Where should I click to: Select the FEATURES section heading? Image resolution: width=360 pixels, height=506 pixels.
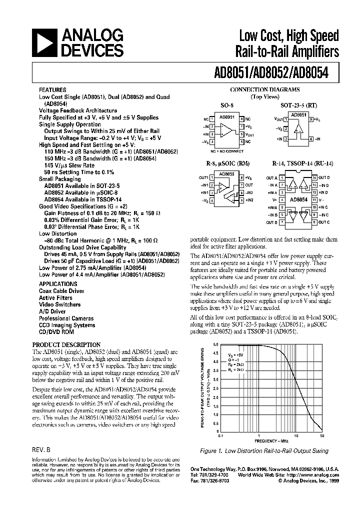tap(52, 90)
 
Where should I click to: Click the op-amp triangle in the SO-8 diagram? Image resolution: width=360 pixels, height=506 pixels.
tap(227, 130)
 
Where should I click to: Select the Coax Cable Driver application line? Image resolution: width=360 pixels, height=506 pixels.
tap(61, 290)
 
